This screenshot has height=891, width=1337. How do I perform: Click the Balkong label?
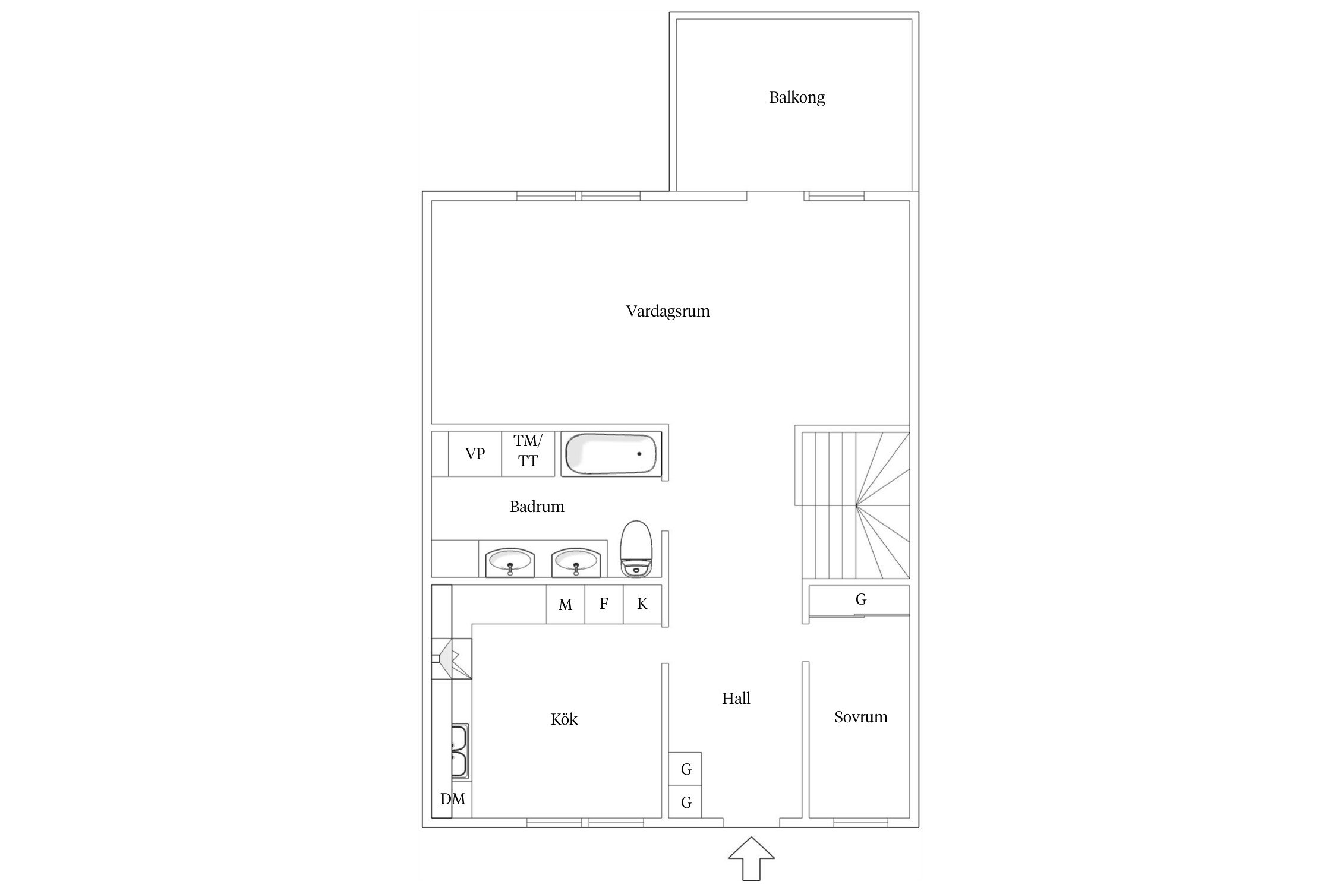[797, 97]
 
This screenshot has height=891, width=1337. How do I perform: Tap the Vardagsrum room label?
[668, 311]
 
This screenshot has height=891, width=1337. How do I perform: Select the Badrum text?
[537, 507]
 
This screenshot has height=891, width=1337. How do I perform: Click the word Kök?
[564, 719]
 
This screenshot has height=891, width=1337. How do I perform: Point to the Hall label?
[736, 699]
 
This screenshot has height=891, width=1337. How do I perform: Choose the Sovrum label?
[860, 717]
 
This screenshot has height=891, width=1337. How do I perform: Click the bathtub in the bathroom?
[611, 454]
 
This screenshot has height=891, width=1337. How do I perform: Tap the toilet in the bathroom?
[636, 548]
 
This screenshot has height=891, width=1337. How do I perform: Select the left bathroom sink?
[510, 562]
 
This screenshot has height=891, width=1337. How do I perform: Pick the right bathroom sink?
[576, 562]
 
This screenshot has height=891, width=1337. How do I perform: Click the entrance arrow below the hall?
[752, 858]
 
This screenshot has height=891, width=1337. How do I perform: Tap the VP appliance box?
[475, 454]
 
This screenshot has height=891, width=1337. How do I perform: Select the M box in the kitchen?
[566, 605]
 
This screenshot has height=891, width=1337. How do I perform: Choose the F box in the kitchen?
[604, 605]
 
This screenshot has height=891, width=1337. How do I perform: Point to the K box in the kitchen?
[642, 605]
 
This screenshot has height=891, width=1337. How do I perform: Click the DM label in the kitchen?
[453, 800]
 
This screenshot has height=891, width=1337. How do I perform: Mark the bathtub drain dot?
[639, 454]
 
